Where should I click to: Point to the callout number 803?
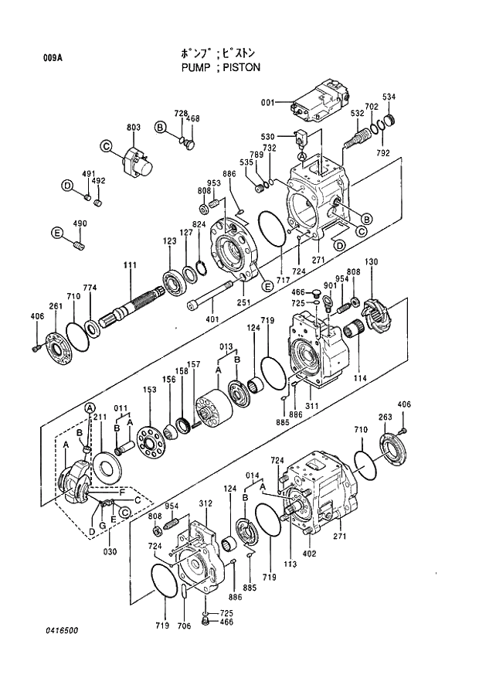pyautogui.click(x=133, y=127)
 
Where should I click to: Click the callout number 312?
pyautogui.click(x=205, y=503)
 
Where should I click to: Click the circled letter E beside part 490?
pyautogui.click(x=56, y=234)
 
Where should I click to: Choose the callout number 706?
pyautogui.click(x=183, y=626)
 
